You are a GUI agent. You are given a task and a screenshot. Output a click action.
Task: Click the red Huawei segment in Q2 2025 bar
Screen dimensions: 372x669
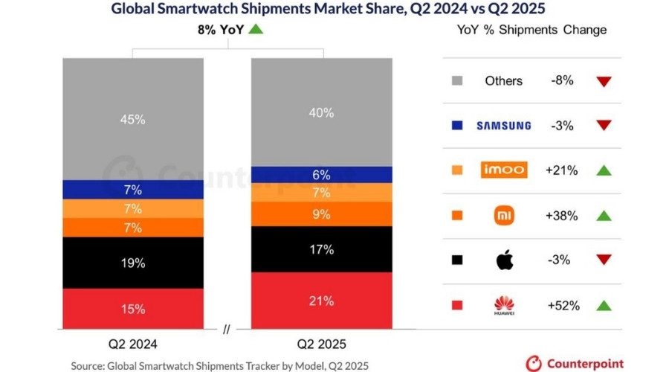pyautogui.click(x=321, y=301)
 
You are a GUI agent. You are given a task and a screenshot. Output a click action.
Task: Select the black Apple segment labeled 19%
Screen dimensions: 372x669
pyautogui.click(x=134, y=263)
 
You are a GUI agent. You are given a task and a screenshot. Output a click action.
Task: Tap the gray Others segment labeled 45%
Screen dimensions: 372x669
pyautogui.click(x=134, y=118)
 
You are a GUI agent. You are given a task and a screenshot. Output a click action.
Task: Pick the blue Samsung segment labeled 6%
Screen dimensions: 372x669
pyautogui.click(x=321, y=174)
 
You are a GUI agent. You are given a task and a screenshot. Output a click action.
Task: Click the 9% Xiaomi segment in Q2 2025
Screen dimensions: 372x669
pyautogui.click(x=321, y=214)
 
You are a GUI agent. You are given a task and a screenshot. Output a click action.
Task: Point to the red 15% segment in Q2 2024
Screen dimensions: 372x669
pyautogui.click(x=134, y=309)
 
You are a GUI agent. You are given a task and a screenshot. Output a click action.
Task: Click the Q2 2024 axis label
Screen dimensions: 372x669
pyautogui.click(x=134, y=344)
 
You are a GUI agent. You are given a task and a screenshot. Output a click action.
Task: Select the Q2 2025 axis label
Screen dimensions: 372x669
pyautogui.click(x=321, y=344)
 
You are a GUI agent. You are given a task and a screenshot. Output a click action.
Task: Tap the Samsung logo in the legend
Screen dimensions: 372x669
pyautogui.click(x=503, y=125)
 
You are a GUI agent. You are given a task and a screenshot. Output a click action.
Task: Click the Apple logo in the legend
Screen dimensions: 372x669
pyautogui.click(x=503, y=260)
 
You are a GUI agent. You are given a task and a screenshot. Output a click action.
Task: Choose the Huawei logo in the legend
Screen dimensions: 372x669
pyautogui.click(x=503, y=306)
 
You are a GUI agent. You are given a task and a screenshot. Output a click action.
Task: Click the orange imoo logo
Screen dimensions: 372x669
pyautogui.click(x=503, y=170)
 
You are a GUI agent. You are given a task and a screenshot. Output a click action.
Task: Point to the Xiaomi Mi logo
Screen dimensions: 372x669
pyautogui.click(x=503, y=216)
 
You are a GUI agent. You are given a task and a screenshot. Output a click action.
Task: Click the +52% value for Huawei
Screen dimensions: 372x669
pyautogui.click(x=562, y=305)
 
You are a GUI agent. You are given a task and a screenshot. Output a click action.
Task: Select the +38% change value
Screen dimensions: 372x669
pyautogui.click(x=562, y=215)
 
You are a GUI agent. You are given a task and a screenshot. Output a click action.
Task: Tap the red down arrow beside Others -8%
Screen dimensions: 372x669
pyautogui.click(x=604, y=80)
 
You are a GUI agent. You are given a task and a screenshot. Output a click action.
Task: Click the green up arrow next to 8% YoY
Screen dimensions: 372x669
pyautogui.click(x=256, y=30)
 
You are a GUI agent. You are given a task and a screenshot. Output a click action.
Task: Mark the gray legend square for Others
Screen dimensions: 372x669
pyautogui.click(x=457, y=80)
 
